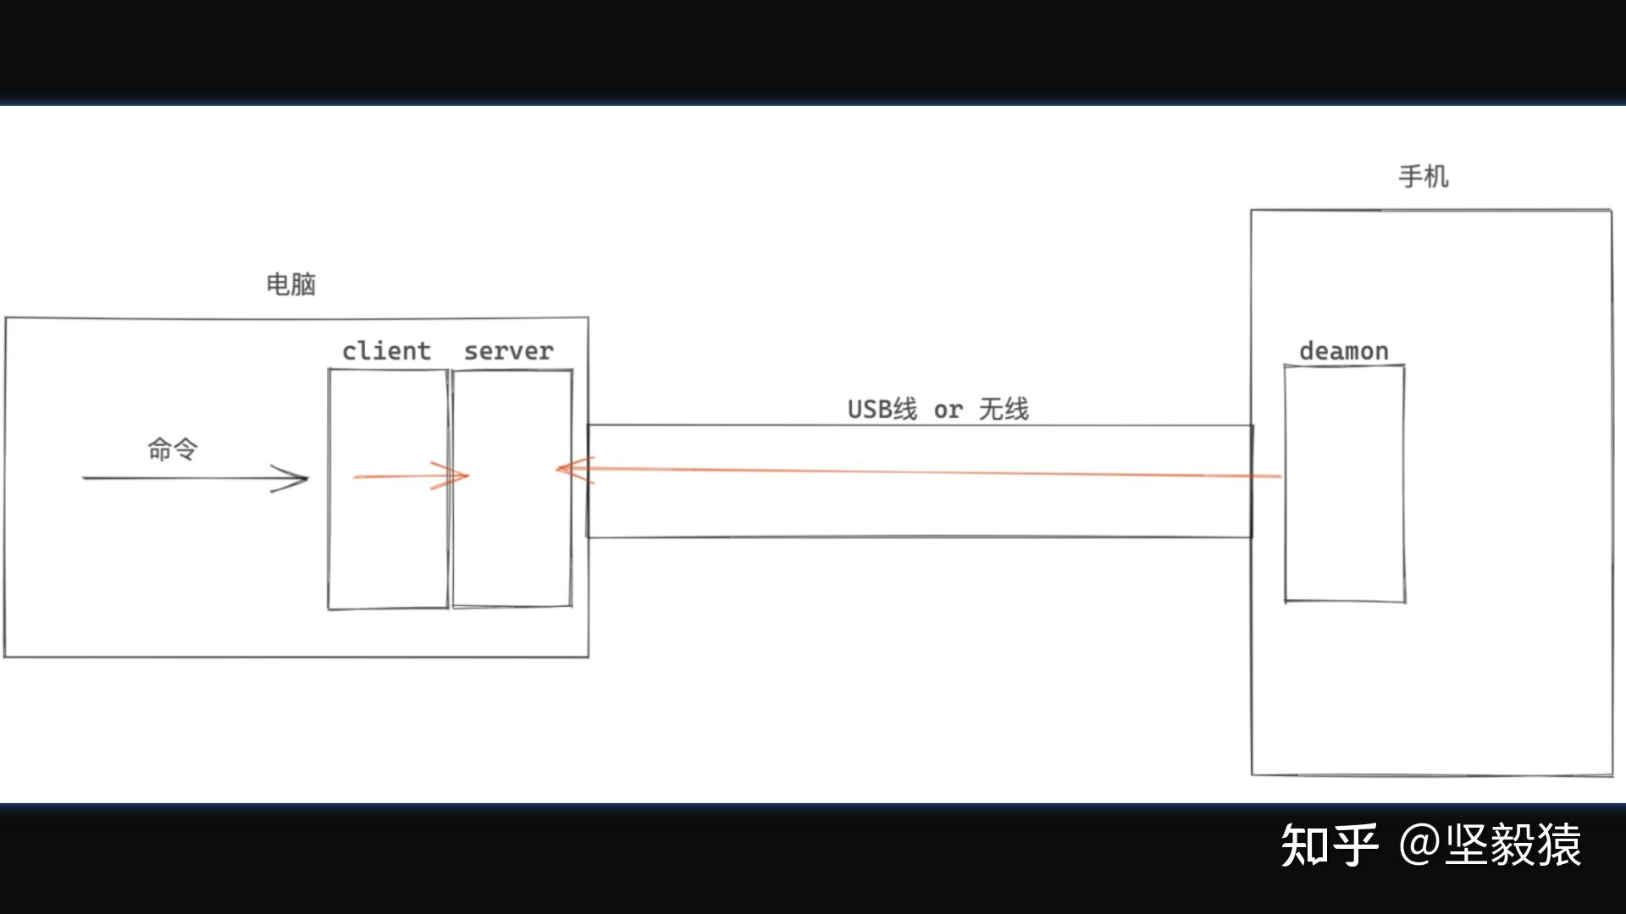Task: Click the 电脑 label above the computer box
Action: pyautogui.click(x=290, y=284)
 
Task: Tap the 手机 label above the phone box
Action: pyautogui.click(x=1423, y=177)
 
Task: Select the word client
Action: pyautogui.click(x=386, y=351)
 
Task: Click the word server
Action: pyautogui.click(x=508, y=351)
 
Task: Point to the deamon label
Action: pyautogui.click(x=1344, y=351)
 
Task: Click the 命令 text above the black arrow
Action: pyautogui.click(x=173, y=449)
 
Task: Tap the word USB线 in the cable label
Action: pyautogui.click(x=882, y=410)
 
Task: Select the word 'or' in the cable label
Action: pyautogui.click(x=948, y=410)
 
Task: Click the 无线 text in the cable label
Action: pyautogui.click(x=1004, y=410)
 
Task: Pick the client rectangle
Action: pyautogui.click(x=388, y=542)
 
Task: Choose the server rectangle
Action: pyautogui.click(x=512, y=542)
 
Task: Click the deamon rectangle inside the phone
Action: pyautogui.click(x=1345, y=542)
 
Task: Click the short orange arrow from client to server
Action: pyautogui.click(x=398, y=476)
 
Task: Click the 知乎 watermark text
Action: pyautogui.click(x=1328, y=845)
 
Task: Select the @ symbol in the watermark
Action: pyautogui.click(x=1419, y=845)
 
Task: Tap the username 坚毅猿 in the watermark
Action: pyautogui.click(x=1513, y=845)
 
